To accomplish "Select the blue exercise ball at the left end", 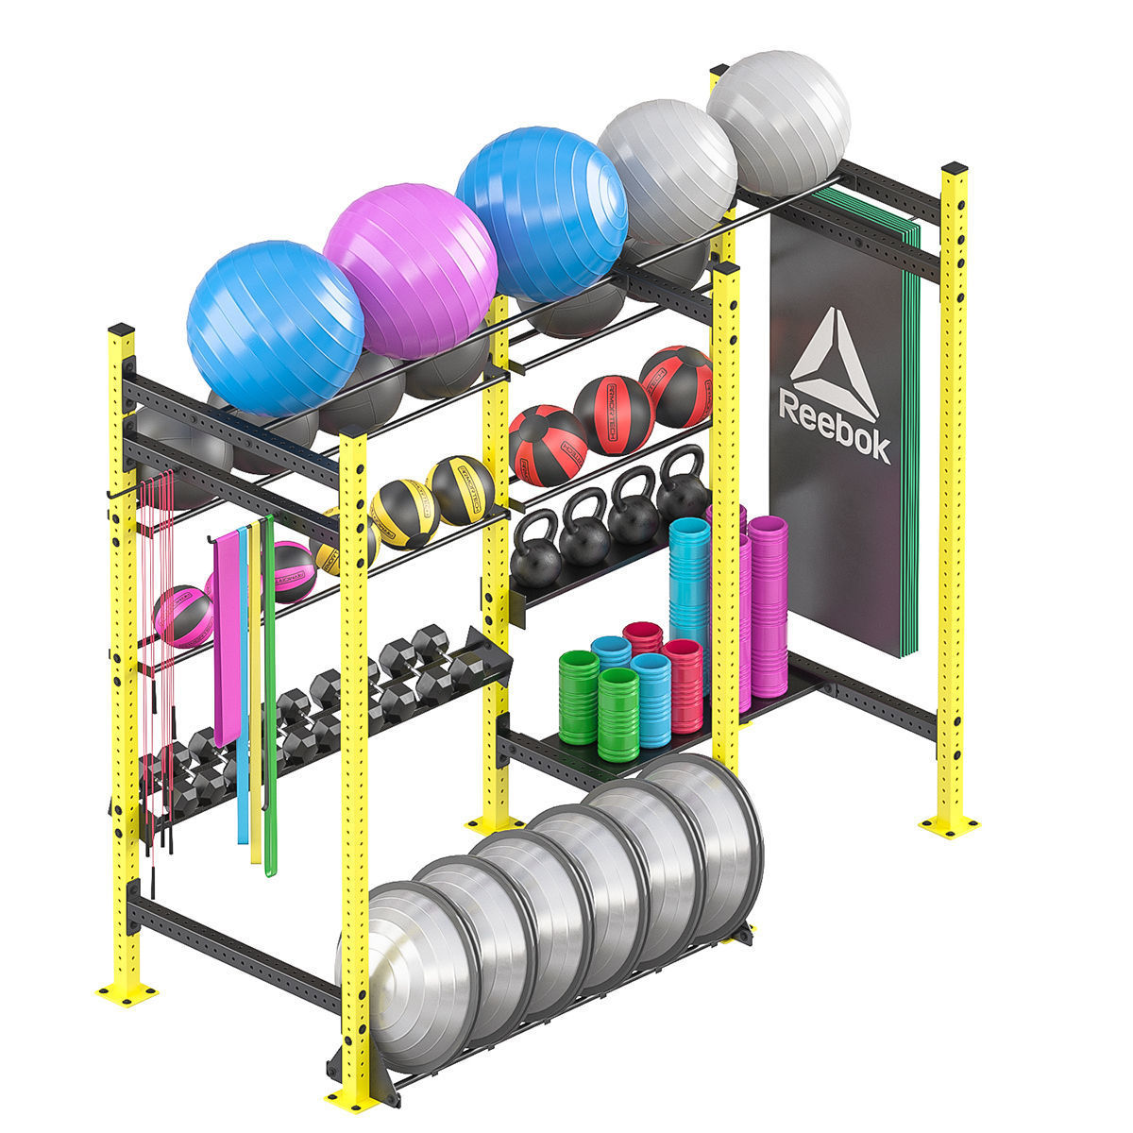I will click(274, 326).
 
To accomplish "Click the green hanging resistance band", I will click(270, 699).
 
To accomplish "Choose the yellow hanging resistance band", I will click(256, 699).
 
